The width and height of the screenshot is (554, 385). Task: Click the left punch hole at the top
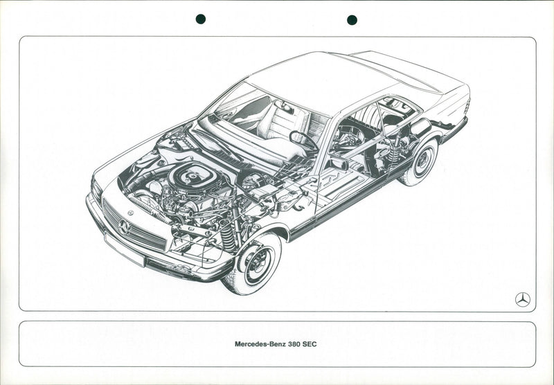pos(201,19)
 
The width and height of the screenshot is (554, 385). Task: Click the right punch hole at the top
pos(352,20)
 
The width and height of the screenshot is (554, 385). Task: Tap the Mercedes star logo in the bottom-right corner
pos(523,300)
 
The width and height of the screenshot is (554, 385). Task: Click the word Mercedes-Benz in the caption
pos(260,344)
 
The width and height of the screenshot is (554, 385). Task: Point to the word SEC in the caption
pos(310,344)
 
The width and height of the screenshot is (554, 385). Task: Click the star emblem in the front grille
pos(124,227)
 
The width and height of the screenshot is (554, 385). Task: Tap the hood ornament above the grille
pos(130,213)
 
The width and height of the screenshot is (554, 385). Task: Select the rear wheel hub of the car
pos(422,162)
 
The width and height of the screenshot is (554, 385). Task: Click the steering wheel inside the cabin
pos(303,141)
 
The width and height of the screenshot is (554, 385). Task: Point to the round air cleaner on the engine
pos(193,177)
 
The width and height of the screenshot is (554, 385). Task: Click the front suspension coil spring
pos(227,235)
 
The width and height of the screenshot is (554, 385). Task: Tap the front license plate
pos(125,249)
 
